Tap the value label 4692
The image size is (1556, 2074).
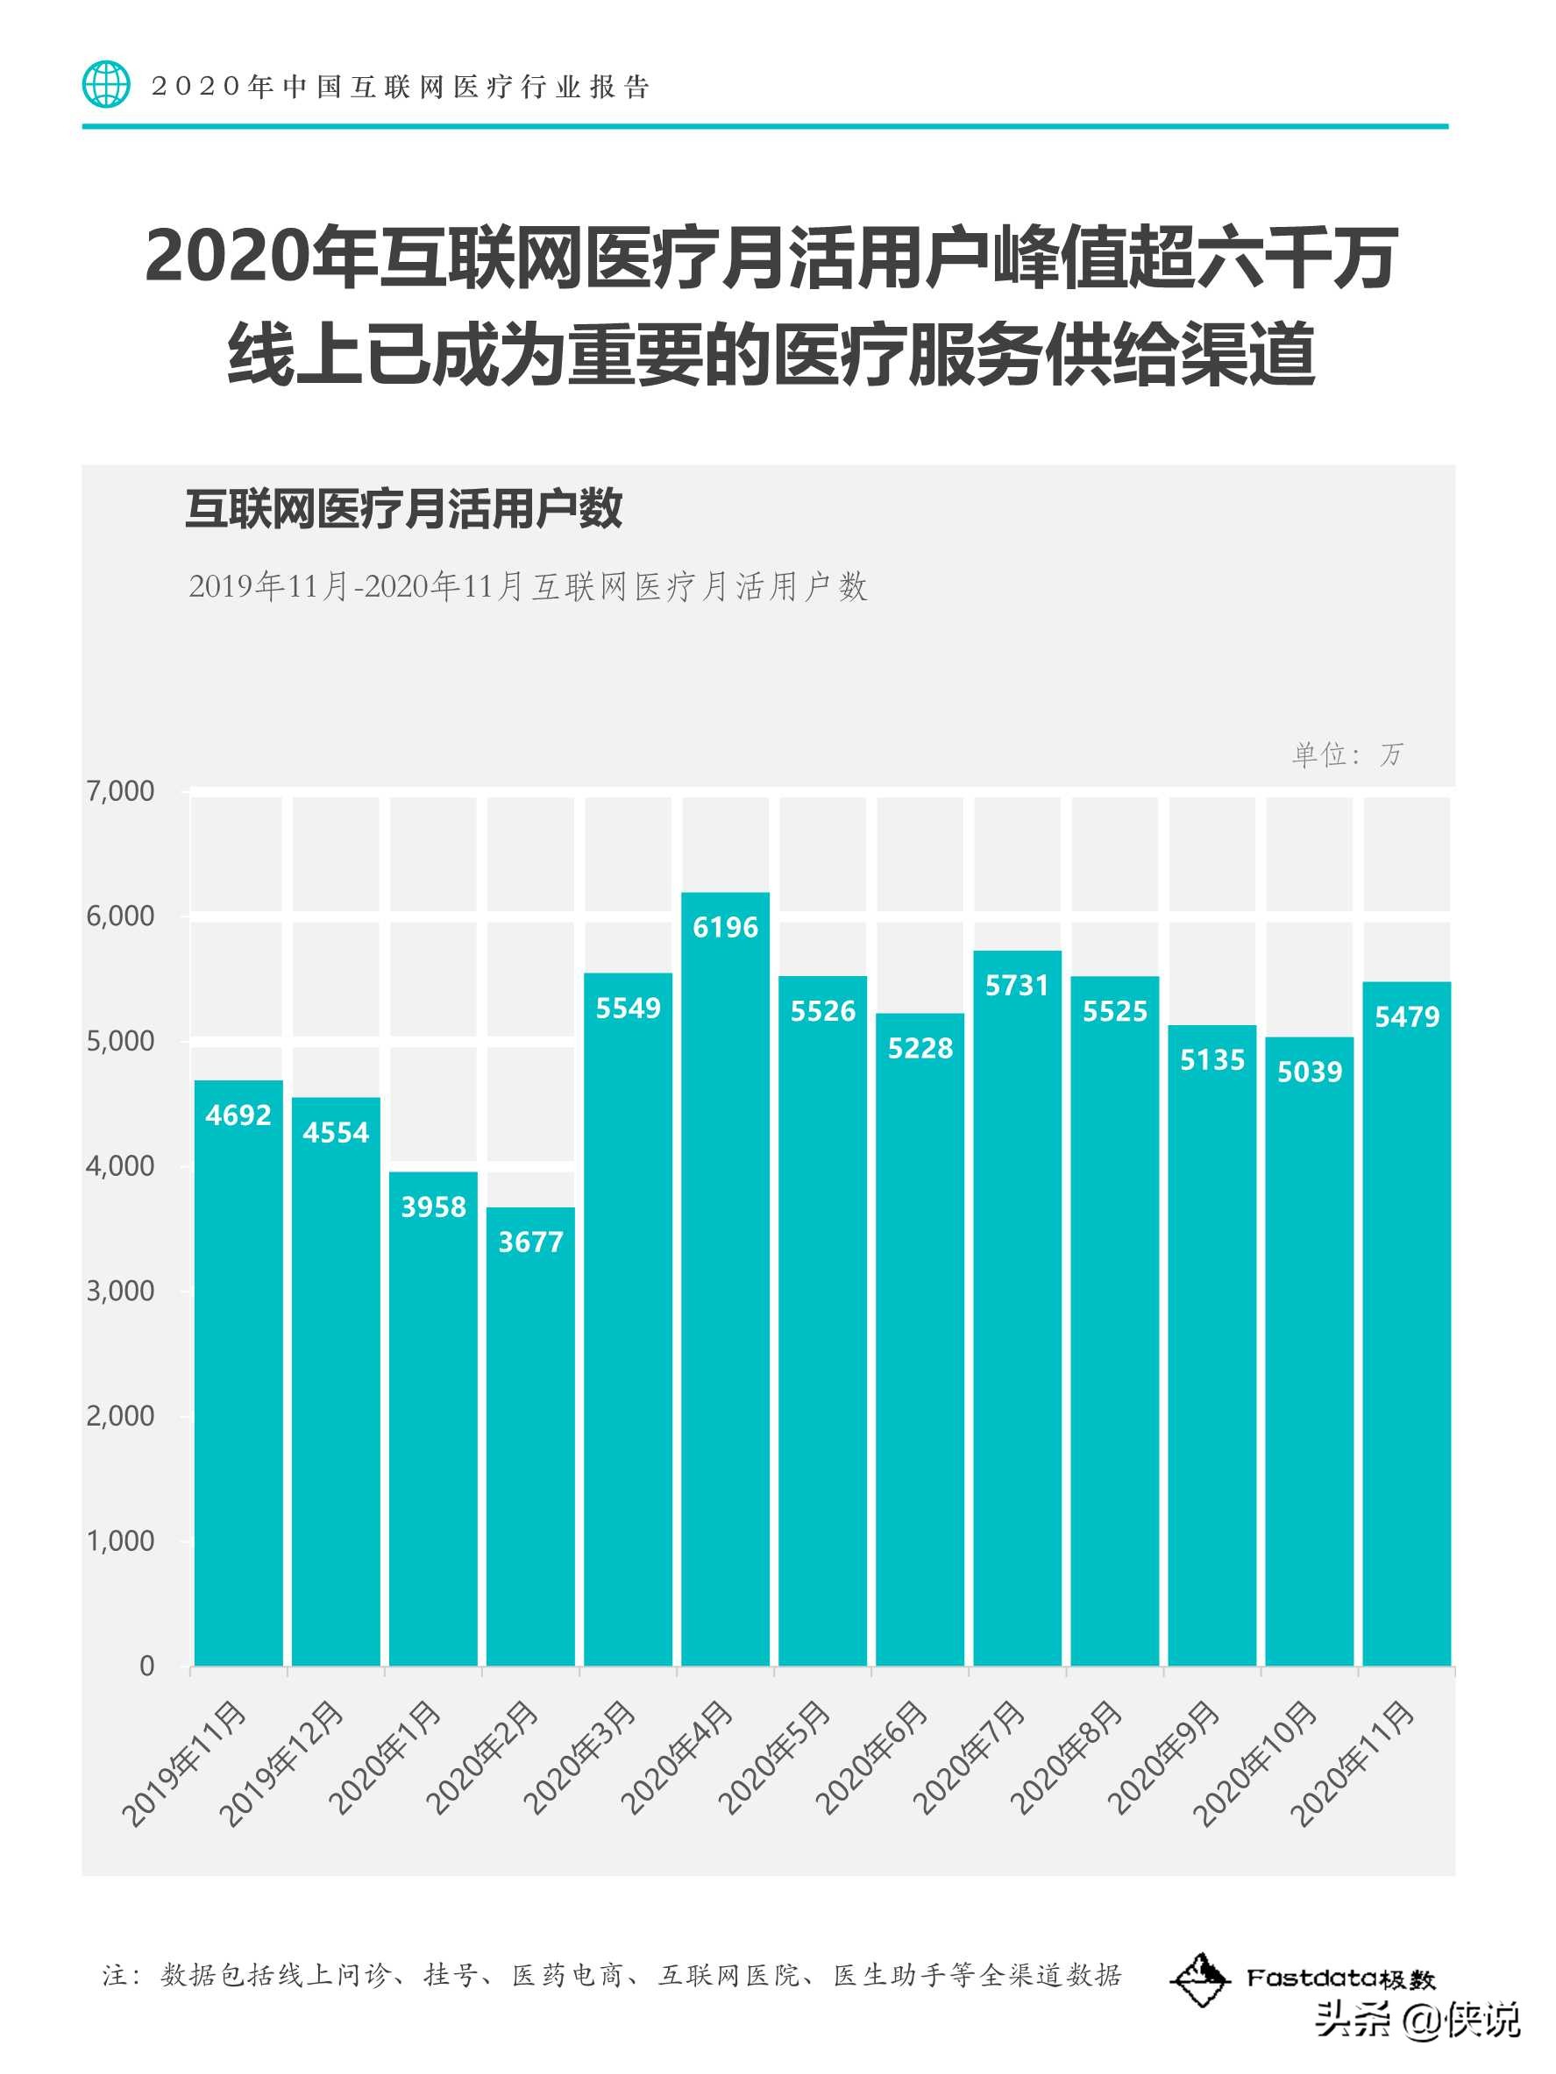pyautogui.click(x=238, y=1115)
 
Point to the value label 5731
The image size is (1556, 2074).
pyautogui.click(x=1017, y=986)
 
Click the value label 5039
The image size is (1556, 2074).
pyautogui.click(x=1310, y=1072)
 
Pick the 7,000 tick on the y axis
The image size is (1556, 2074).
pyautogui.click(x=120, y=791)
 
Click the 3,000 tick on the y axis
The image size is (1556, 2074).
pyautogui.click(x=120, y=1291)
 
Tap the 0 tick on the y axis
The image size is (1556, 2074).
pyautogui.click(x=146, y=1667)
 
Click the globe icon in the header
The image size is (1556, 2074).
pyautogui.click(x=106, y=84)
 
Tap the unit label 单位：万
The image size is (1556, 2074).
pyautogui.click(x=1346, y=754)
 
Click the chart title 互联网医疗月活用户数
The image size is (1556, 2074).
pyautogui.click(x=403, y=510)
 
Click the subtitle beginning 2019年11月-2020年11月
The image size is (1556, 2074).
pyautogui.click(x=527, y=587)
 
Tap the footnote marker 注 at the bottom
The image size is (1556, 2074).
pyautogui.click(x=115, y=1977)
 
